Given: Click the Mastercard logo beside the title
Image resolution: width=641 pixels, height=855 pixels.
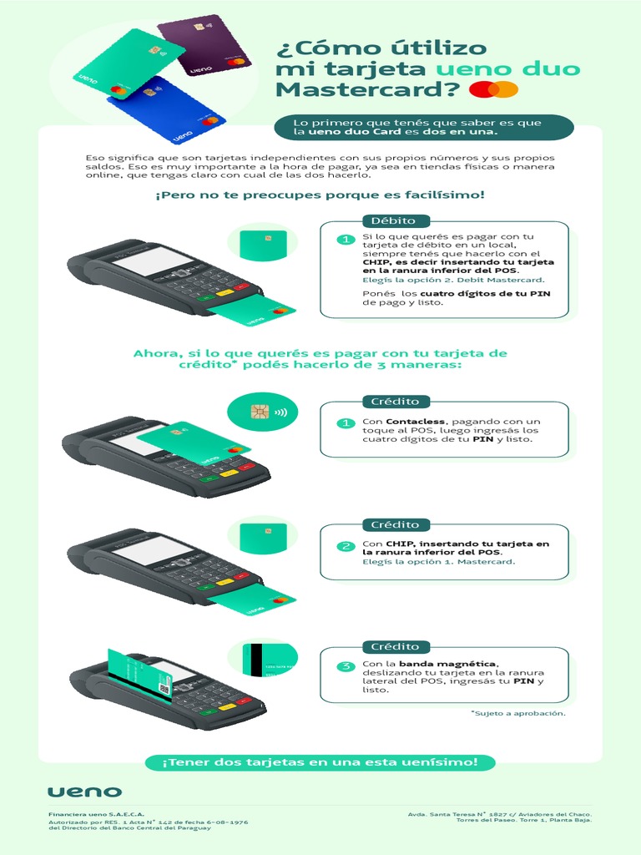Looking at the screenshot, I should point(494,89).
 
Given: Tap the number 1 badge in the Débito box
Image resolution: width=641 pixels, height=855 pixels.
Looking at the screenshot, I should point(345,240).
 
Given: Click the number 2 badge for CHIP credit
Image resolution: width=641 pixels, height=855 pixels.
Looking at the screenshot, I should point(345,547).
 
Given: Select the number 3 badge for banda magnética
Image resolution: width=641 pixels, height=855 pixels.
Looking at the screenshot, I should point(345,667).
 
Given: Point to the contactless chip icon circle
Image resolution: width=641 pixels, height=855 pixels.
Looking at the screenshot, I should point(263,412).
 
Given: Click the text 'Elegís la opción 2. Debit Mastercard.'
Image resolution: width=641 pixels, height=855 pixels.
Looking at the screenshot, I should point(453,281).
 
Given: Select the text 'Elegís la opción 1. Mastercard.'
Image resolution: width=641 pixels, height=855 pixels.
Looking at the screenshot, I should point(439,562).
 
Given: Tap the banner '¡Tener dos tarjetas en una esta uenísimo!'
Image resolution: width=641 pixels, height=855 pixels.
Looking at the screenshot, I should point(320,762).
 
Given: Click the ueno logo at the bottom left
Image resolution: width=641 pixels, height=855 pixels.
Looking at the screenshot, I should point(84,792).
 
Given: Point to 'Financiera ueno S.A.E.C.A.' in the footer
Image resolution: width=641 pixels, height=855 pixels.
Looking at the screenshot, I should point(96,812).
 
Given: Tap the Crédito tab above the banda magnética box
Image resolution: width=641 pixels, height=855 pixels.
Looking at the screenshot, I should point(396,647).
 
